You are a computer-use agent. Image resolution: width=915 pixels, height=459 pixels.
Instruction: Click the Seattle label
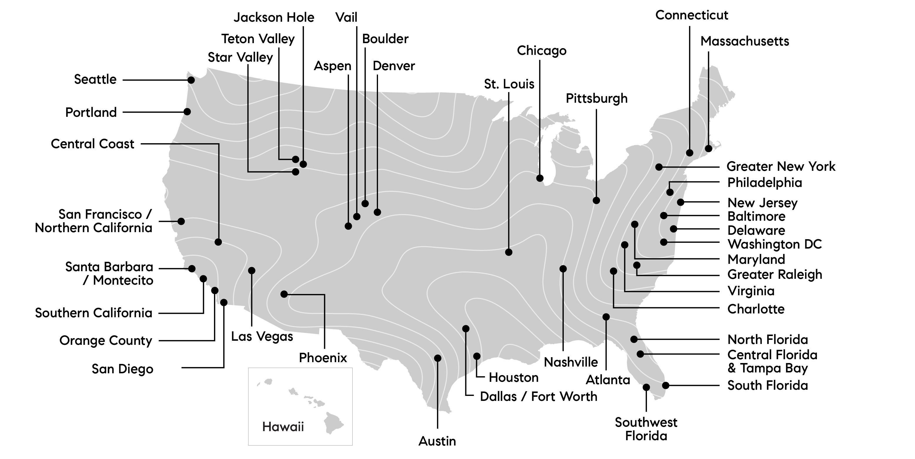click(95, 80)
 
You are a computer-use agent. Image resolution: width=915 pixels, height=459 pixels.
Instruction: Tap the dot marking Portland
click(187, 112)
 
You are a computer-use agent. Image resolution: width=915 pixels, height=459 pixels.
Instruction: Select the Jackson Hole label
click(274, 17)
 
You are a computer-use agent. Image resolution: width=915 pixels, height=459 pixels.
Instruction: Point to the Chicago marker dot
click(540, 178)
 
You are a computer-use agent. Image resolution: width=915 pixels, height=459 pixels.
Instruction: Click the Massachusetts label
click(745, 41)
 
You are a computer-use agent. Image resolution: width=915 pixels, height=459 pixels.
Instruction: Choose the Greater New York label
click(781, 166)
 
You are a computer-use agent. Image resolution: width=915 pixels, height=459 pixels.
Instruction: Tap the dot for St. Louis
click(509, 252)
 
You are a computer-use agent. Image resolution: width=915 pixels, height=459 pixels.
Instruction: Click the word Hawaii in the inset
click(283, 426)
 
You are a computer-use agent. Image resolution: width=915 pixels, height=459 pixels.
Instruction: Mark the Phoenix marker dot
click(284, 294)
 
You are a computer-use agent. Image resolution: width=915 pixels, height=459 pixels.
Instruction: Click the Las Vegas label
click(262, 336)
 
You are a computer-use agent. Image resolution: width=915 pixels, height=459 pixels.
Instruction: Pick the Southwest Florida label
click(646, 429)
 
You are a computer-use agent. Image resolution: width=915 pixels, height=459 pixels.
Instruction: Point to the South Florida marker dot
click(666, 385)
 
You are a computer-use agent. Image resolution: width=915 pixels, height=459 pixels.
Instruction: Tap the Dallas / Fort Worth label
click(538, 396)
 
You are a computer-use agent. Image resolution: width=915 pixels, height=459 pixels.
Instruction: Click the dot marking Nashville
click(563, 269)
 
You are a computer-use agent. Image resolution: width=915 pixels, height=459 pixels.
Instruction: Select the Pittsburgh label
click(596, 99)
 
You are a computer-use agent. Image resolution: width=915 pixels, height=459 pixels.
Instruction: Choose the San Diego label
click(122, 369)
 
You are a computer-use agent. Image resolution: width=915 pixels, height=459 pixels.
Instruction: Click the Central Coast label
click(92, 144)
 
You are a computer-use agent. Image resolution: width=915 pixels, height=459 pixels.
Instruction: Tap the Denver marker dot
click(377, 212)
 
